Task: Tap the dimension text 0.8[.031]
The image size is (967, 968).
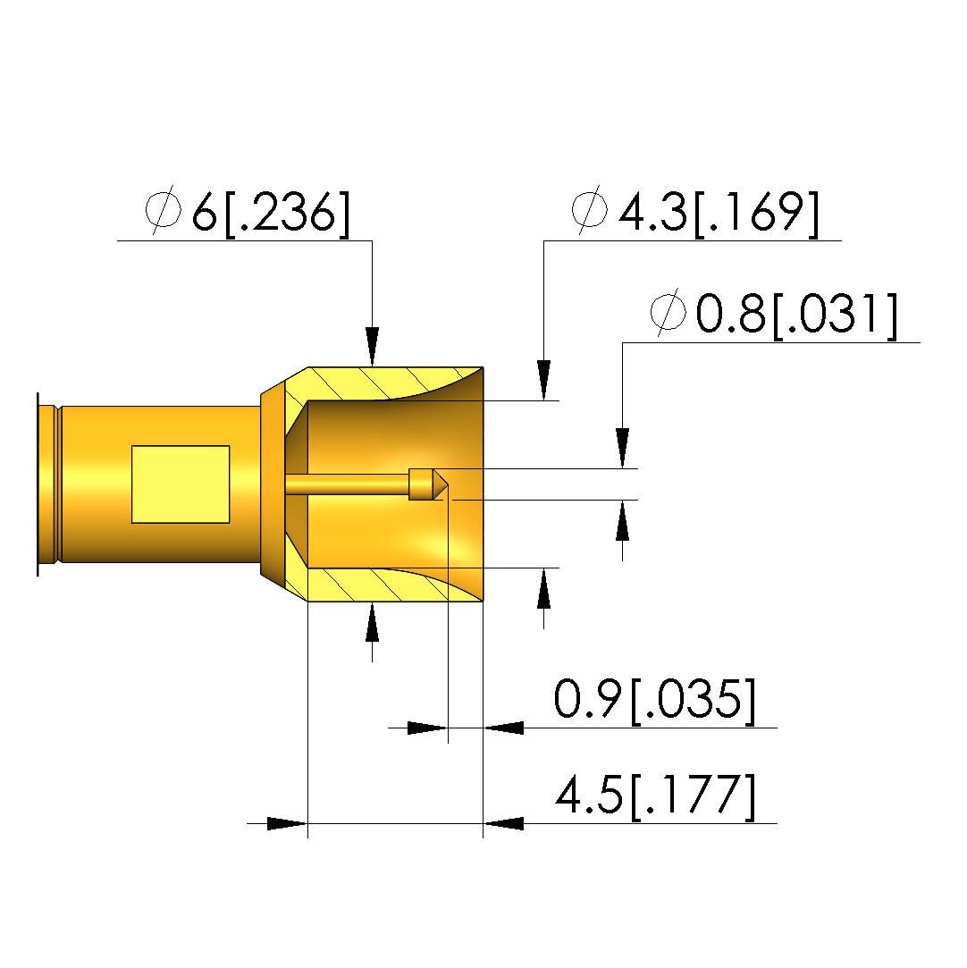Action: coord(796,315)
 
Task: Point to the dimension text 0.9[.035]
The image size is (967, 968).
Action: coord(655,701)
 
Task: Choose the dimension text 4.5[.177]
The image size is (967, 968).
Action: coord(655,796)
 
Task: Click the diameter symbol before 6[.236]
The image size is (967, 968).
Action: coord(164,210)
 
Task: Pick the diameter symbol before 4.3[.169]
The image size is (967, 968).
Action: coord(589,210)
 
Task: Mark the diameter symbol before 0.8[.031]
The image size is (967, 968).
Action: coord(668,312)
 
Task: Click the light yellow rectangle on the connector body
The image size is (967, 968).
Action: coord(181,484)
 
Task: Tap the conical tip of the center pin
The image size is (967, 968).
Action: coord(440,484)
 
